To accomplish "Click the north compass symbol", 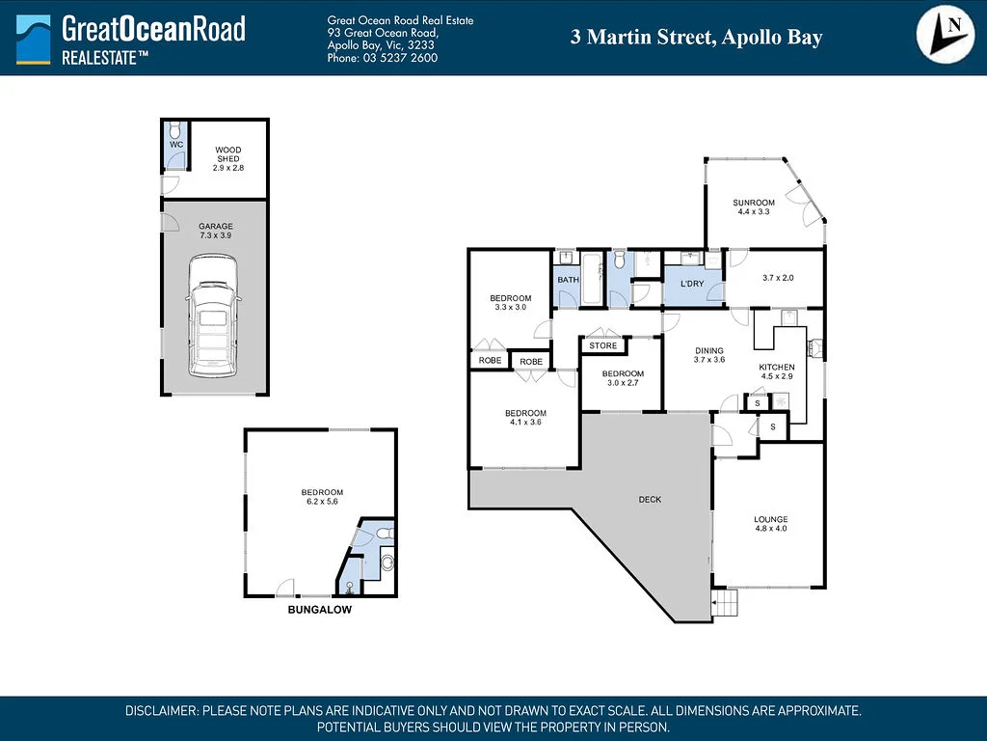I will pyautogui.click(x=944, y=36).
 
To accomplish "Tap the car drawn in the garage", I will pyautogui.click(x=211, y=316).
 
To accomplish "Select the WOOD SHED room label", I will pyautogui.click(x=227, y=158).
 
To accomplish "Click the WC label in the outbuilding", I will pyautogui.click(x=175, y=145).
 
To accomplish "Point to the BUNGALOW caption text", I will pyautogui.click(x=320, y=611).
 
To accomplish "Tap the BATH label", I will pyautogui.click(x=568, y=281).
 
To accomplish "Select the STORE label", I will pyautogui.click(x=603, y=345).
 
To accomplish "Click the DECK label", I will pyautogui.click(x=650, y=500).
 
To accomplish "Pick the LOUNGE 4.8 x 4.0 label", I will pyautogui.click(x=770, y=524).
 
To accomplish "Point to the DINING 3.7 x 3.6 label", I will pyautogui.click(x=708, y=355).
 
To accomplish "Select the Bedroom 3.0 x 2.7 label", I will pyautogui.click(x=623, y=378).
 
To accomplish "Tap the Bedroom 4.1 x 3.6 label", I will pyautogui.click(x=526, y=418).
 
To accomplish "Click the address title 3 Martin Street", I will pyautogui.click(x=696, y=38).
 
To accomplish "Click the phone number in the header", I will pyautogui.click(x=383, y=58).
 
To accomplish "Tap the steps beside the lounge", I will pyautogui.click(x=724, y=604).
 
